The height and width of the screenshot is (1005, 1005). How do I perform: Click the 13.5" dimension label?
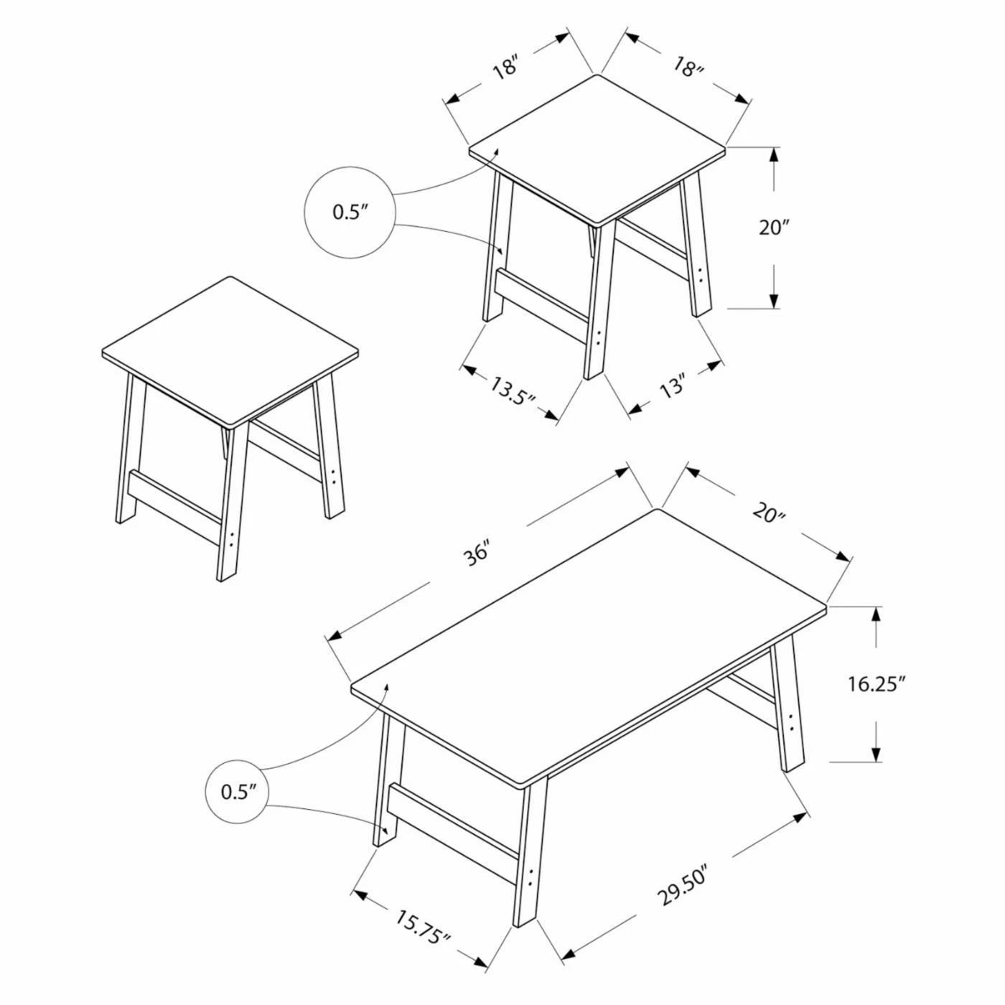click(513, 391)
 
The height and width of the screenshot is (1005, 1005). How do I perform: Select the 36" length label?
click(476, 553)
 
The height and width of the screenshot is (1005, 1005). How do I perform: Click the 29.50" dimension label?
click(682, 887)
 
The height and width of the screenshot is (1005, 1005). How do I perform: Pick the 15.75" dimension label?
click(422, 927)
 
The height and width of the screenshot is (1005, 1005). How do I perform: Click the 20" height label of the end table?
click(775, 228)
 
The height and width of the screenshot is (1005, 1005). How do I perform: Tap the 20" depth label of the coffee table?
click(769, 513)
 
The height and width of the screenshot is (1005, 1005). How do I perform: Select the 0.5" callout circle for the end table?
click(350, 212)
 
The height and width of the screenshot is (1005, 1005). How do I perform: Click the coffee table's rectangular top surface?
click(589, 646)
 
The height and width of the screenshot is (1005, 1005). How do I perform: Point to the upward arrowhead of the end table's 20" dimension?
click(775, 154)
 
